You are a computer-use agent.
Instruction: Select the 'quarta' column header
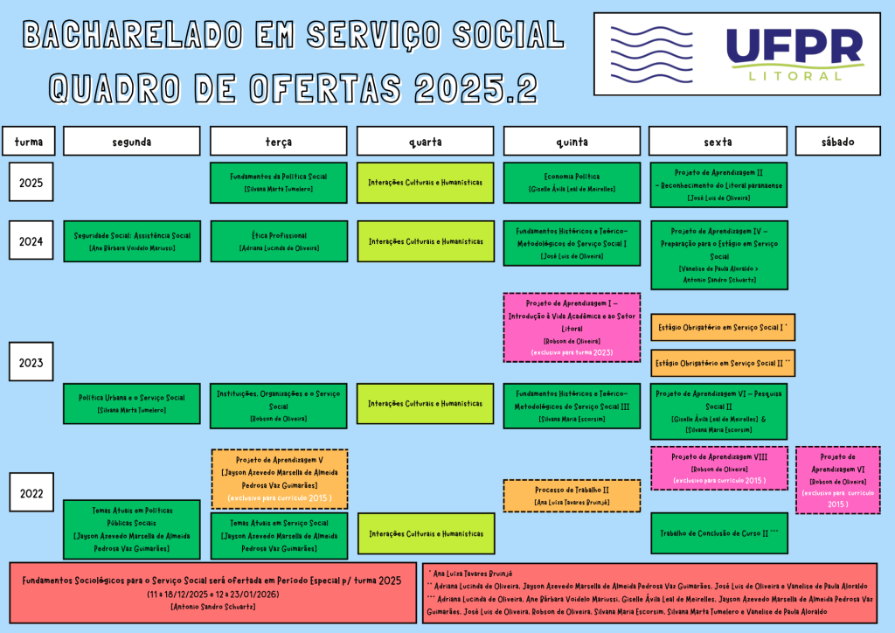[x=425, y=142]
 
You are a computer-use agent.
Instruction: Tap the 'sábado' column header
[x=837, y=142]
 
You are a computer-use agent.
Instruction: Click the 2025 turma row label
[x=31, y=183]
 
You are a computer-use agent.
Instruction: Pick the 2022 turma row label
[x=31, y=492]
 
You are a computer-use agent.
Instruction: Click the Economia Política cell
[x=572, y=182]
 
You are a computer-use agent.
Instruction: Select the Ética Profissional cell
[x=279, y=241]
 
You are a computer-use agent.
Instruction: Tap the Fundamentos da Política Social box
[x=279, y=182]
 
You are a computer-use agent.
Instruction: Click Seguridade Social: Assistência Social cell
[x=132, y=241]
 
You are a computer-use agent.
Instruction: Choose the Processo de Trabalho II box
[x=572, y=495]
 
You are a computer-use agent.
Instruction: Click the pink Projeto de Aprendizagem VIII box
[x=718, y=468]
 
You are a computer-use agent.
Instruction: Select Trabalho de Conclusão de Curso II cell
[x=718, y=532]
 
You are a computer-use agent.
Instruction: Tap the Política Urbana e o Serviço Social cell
[x=132, y=403]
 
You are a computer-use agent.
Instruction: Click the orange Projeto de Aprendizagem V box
[x=279, y=478]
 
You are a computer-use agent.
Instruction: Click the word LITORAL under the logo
[x=795, y=75]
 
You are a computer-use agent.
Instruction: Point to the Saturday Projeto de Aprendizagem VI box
[x=837, y=480]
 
